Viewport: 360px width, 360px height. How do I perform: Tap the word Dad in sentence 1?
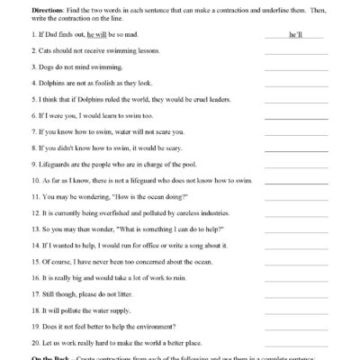tap(51, 35)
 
